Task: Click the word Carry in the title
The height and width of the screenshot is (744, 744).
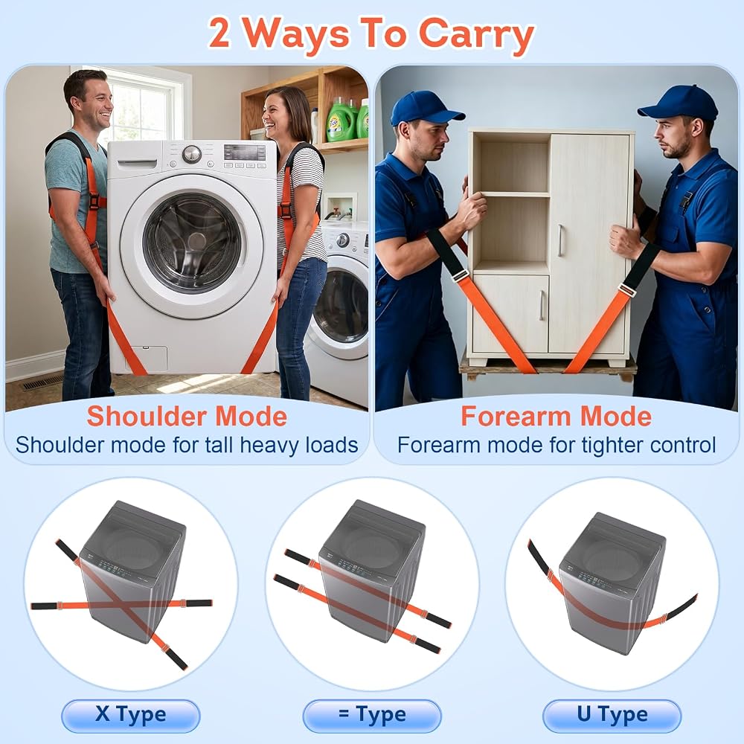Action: pyautogui.click(x=477, y=34)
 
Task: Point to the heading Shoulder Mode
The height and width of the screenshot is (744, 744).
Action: pyautogui.click(x=187, y=416)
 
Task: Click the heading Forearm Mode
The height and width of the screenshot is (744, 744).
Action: pyautogui.click(x=556, y=416)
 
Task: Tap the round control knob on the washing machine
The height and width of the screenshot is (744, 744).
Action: pyautogui.click(x=192, y=154)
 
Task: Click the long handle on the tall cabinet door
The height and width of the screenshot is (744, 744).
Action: pyautogui.click(x=561, y=240)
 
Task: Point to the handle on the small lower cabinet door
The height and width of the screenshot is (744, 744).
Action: pyautogui.click(x=541, y=305)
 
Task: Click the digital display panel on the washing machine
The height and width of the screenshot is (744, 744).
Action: pyautogui.click(x=245, y=153)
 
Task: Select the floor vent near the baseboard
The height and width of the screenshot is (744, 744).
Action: pyautogui.click(x=42, y=382)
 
